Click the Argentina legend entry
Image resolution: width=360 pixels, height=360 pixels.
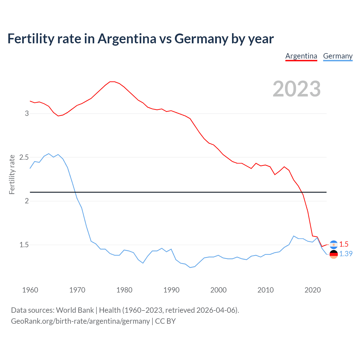301,56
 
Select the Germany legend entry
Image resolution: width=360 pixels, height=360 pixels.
338,56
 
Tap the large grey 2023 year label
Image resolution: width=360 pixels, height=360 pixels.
297,89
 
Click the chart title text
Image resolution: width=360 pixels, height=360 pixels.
140,39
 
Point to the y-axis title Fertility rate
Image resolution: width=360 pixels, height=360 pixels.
12,174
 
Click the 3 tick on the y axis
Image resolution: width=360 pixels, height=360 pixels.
27,114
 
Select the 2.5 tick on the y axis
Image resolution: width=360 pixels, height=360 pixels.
24,157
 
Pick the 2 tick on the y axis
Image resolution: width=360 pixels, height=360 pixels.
27,201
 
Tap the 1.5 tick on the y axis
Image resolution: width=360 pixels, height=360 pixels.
24,245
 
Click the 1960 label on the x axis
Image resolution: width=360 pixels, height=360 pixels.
30,290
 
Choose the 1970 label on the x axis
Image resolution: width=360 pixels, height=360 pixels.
77,290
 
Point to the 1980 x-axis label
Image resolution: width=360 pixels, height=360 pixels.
124,290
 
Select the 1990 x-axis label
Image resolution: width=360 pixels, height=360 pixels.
172,290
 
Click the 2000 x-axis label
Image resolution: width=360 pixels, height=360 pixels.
219,290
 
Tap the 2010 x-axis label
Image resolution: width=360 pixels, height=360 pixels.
265,290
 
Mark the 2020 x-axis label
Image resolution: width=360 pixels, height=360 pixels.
312,290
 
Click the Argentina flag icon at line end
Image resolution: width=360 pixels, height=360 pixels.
334,245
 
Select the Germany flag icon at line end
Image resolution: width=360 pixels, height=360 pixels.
334,254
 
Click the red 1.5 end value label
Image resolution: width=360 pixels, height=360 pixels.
344,244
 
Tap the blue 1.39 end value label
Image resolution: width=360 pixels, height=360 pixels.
346,254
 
